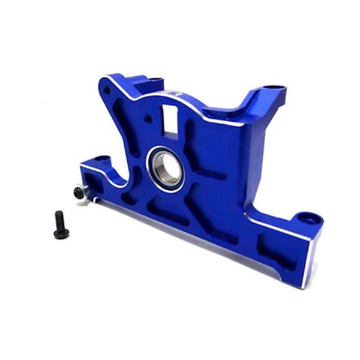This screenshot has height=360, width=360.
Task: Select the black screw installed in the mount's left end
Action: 79,192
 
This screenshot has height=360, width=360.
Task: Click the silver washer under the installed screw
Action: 84,193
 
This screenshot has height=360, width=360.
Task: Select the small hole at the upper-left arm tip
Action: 107,90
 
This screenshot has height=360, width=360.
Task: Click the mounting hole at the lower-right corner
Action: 308,217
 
